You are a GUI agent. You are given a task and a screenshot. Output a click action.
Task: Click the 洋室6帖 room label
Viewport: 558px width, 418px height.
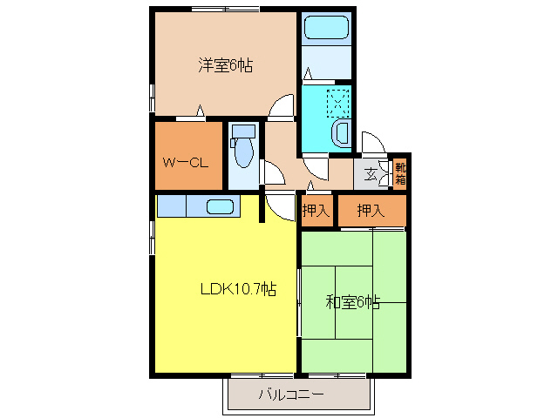click(226, 64)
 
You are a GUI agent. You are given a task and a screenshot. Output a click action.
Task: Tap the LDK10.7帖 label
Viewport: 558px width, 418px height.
click(238, 289)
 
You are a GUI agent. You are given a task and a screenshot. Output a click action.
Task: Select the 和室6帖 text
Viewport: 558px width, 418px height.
click(353, 302)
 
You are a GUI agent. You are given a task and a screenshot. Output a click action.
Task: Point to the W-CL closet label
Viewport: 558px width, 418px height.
click(186, 163)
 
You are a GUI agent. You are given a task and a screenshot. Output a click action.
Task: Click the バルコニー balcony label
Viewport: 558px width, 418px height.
click(291, 394)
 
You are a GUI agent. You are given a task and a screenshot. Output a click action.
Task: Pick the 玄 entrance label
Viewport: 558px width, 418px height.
click(371, 174)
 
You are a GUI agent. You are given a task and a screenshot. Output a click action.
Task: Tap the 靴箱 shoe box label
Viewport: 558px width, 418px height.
click(400, 173)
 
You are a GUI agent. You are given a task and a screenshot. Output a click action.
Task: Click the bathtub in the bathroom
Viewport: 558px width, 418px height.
click(326, 27)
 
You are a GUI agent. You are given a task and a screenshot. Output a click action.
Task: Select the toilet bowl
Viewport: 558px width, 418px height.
click(244, 152)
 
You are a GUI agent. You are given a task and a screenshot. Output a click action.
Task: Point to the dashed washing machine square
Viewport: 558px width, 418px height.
click(338, 104)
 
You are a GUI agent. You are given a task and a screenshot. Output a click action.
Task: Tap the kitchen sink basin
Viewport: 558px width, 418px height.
click(220, 207)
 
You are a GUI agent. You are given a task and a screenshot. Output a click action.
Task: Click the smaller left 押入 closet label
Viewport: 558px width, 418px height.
click(316, 211)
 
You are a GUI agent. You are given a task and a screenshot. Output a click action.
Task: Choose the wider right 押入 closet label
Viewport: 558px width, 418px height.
click(371, 211)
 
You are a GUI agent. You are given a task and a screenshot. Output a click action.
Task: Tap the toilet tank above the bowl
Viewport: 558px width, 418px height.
click(243, 131)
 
